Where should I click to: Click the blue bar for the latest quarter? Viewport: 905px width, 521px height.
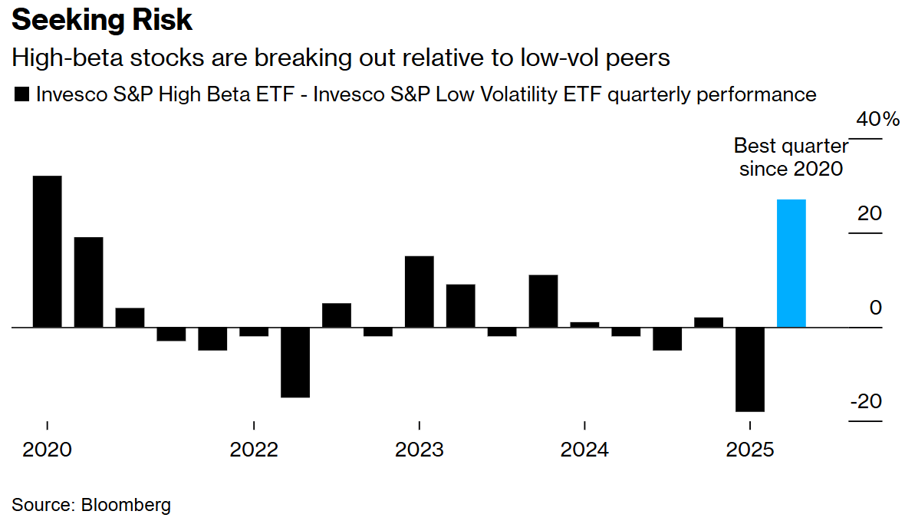(x=791, y=263)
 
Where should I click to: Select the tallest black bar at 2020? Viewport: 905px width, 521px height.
(x=48, y=251)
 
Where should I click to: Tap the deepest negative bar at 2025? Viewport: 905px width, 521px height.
(x=750, y=370)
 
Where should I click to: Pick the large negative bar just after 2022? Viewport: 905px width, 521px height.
(x=295, y=362)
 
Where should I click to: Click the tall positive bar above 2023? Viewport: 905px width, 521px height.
(x=420, y=292)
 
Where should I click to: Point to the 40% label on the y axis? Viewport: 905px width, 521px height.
(x=877, y=119)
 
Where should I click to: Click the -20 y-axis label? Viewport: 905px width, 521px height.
(x=866, y=401)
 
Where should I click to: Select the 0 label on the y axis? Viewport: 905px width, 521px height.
(x=876, y=307)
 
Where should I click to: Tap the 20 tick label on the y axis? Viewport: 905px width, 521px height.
(x=870, y=213)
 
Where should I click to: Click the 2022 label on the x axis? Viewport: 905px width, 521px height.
(x=254, y=450)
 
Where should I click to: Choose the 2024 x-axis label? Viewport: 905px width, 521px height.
(x=584, y=450)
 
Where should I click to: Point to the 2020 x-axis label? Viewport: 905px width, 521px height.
(x=48, y=450)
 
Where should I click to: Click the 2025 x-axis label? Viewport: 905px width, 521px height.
(x=750, y=450)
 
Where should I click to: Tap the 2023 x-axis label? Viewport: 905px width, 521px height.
(x=420, y=450)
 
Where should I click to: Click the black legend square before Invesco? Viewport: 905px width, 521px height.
(x=21, y=94)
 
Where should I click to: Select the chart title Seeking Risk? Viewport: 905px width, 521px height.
(x=101, y=20)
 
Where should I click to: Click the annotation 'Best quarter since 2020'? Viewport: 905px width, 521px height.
(x=791, y=157)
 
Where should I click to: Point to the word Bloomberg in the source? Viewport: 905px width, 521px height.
(x=126, y=505)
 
